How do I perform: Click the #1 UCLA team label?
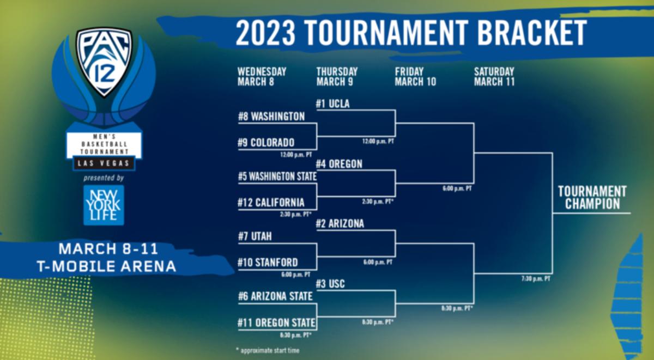click(333, 103)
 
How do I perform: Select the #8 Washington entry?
click(271, 117)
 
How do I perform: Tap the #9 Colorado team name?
click(267, 142)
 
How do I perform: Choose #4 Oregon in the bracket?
click(339, 164)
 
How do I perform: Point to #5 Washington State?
click(277, 176)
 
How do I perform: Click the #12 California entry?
click(271, 203)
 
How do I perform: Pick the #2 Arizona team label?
click(340, 224)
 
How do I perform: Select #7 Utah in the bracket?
click(255, 236)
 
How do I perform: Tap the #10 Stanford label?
click(268, 263)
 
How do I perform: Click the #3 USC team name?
click(330, 284)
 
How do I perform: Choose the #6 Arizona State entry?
click(275, 296)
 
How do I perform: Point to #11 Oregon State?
click(276, 322)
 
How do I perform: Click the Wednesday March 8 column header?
click(262, 77)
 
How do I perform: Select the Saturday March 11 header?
click(494, 77)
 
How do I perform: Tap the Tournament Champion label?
click(592, 198)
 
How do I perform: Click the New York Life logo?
click(104, 205)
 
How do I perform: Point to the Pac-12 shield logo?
click(104, 62)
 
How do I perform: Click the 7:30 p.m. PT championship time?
click(536, 279)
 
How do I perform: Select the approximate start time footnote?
click(268, 350)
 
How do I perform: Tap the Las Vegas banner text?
click(104, 163)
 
